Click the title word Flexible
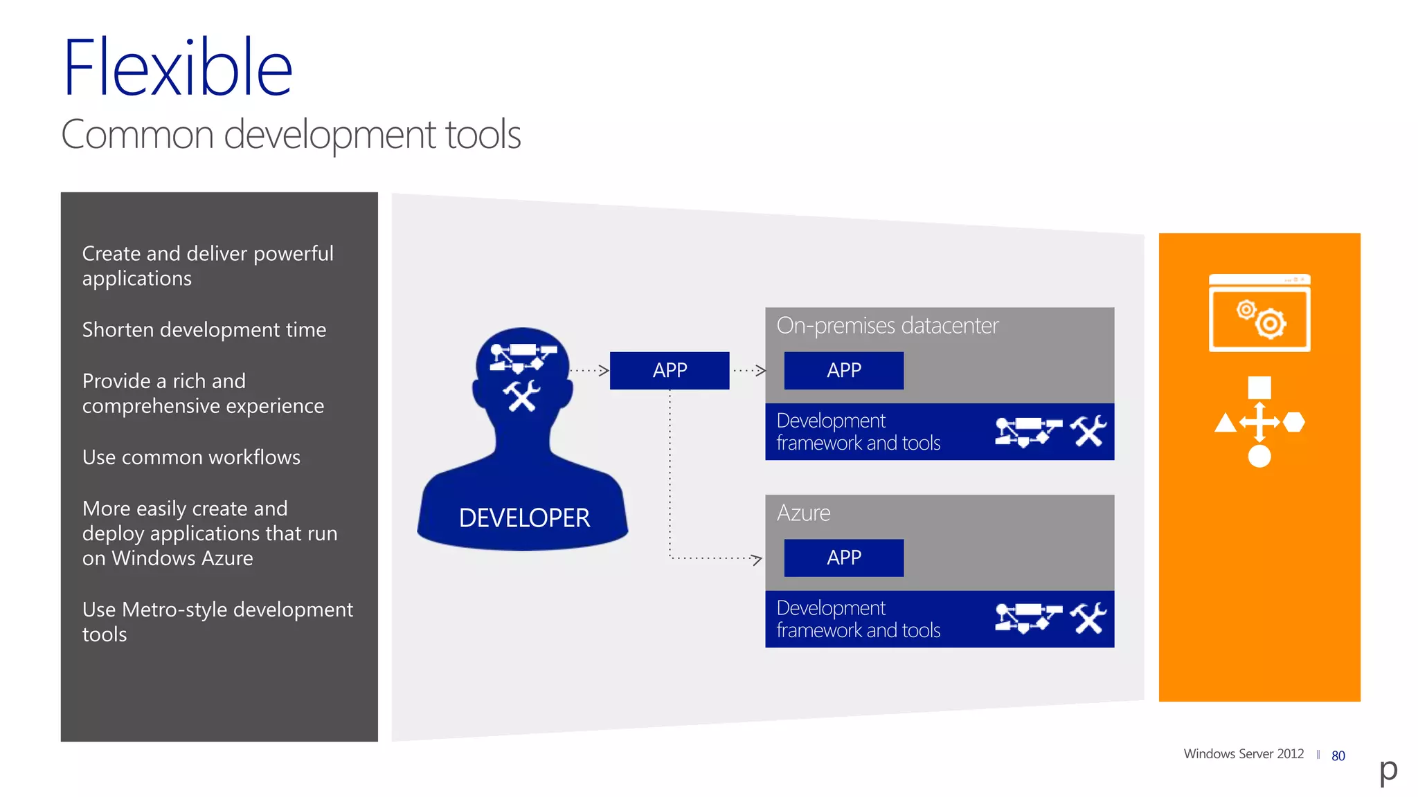177,68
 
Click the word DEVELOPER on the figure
524,517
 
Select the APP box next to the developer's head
670,370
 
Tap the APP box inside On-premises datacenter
843,370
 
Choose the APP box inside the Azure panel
843,558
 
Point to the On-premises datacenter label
887,325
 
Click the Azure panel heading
803,513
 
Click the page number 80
1338,756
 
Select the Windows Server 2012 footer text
1244,753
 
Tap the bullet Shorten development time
204,329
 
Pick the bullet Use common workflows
191,457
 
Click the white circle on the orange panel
1259,457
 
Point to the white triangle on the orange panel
1225,423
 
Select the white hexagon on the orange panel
1293,422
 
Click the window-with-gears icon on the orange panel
1259,313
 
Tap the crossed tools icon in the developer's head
521,396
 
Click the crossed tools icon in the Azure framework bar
1088,619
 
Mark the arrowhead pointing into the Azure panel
757,559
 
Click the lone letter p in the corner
1388,769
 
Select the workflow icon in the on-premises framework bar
1028,432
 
